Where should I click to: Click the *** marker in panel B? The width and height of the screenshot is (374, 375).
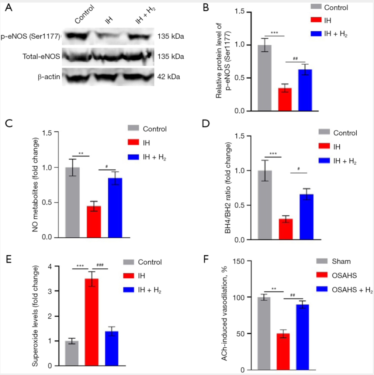pos(274,33)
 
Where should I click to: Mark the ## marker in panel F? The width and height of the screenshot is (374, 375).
pos(293,295)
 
